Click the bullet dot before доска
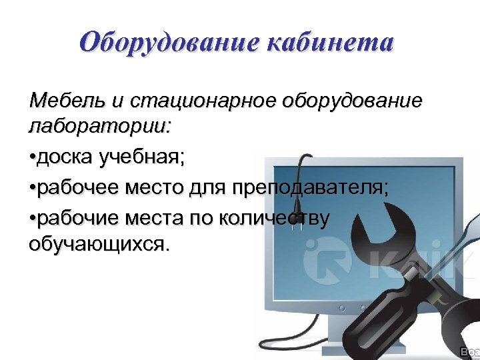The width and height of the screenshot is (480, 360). click(x=33, y=159)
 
